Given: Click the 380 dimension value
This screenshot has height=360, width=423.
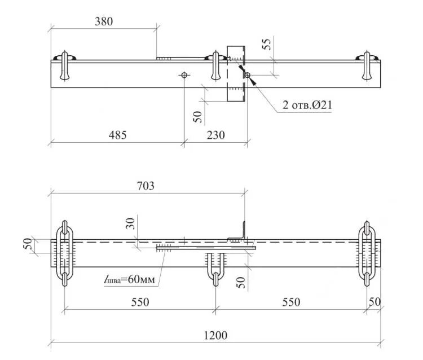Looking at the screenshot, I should pyautogui.click(x=104, y=22).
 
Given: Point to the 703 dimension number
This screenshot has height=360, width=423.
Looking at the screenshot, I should pyautogui.click(x=146, y=185).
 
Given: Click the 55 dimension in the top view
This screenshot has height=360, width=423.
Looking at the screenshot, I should pyautogui.click(x=268, y=45).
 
